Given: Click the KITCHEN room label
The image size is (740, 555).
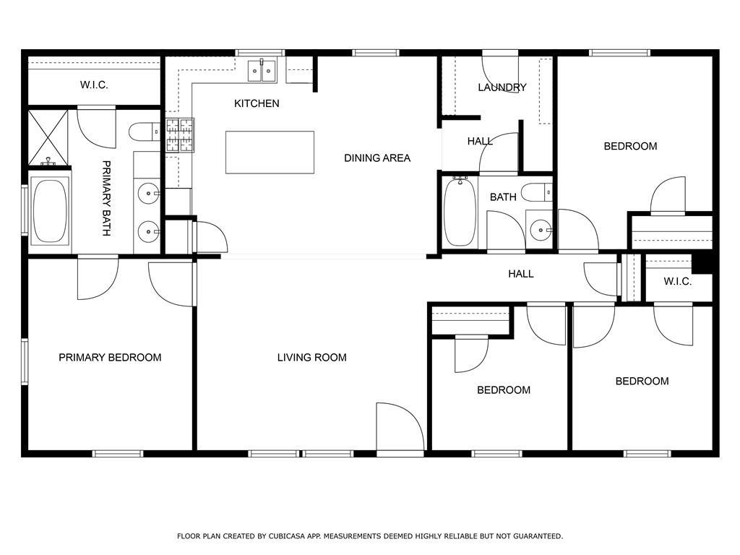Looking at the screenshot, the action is (x=257, y=103).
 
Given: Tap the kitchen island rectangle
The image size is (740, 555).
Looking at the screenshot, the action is (x=270, y=152).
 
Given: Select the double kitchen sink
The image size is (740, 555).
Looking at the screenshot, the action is (x=262, y=71).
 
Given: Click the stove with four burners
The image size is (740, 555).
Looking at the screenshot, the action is (x=180, y=135).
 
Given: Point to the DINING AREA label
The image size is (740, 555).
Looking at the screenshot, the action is (x=377, y=158).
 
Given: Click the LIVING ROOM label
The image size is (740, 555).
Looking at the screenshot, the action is (x=312, y=358).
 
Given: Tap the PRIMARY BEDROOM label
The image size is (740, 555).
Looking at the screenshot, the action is (x=110, y=358).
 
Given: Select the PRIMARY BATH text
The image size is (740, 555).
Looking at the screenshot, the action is (x=107, y=198).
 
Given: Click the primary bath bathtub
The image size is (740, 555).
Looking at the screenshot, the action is (x=50, y=211).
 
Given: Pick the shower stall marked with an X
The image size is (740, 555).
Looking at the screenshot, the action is (x=48, y=137).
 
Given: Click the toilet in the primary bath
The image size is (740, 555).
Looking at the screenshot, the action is (x=145, y=132).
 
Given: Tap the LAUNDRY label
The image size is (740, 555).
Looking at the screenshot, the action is (x=502, y=87).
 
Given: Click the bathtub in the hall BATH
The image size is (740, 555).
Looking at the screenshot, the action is (x=460, y=212).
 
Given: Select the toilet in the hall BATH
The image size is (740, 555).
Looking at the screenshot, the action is (x=537, y=192).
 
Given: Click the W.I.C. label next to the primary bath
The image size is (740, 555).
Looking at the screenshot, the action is (x=94, y=85).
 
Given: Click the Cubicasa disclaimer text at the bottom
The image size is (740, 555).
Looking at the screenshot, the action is (x=370, y=536).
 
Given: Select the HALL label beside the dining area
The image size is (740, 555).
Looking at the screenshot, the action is (x=480, y=141).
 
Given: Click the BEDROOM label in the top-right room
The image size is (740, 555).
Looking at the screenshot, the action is (x=630, y=146).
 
